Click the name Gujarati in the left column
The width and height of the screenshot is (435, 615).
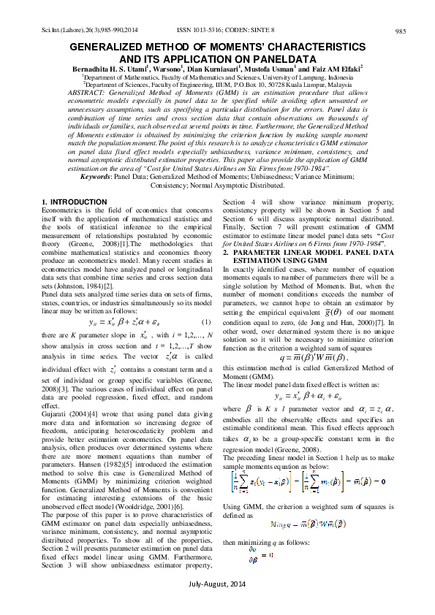coord(55,413)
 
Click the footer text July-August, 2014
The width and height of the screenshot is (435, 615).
coord(217,606)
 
